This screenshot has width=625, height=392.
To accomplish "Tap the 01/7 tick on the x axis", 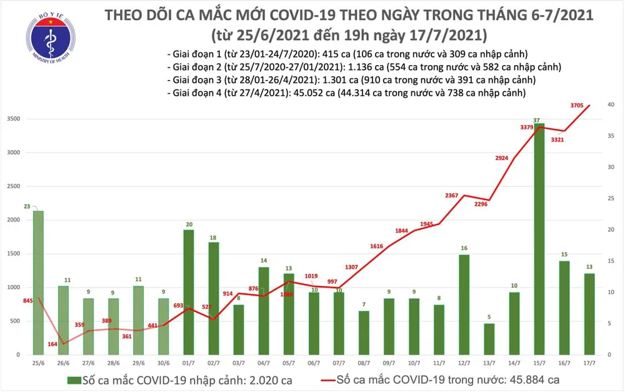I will pos(189,363).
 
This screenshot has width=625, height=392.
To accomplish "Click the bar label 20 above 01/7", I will pos(189,224).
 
